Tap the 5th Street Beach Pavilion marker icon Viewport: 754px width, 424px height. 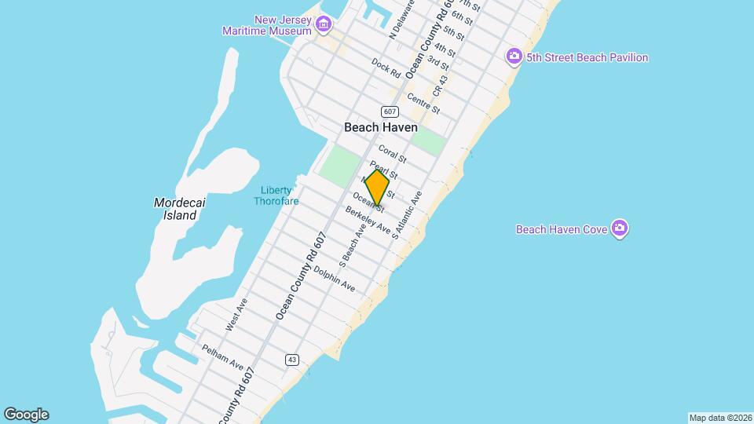coord(514,57)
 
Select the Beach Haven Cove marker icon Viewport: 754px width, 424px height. coord(620,229)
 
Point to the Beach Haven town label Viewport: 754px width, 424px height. coord(381,127)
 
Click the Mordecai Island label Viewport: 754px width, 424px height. coord(181,209)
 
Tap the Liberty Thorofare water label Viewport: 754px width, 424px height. coord(273,196)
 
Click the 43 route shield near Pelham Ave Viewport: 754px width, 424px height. coord(292,360)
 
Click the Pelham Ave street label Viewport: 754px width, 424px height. coord(222,356)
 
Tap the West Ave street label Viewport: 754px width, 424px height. coord(237,314)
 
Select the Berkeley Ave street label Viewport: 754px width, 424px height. coord(368,221)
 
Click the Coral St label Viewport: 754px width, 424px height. coord(392,152)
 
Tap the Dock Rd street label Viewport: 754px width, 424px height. coord(386,68)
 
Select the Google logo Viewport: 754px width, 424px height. coord(26,415)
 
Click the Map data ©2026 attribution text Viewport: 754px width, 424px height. coord(719,418)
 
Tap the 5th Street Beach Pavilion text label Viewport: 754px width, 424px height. coord(587,57)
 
